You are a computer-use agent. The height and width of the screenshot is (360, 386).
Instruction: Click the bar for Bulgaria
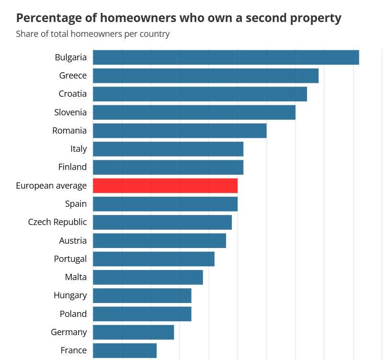coord(226,57)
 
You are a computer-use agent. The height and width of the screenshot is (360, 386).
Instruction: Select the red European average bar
coord(165,186)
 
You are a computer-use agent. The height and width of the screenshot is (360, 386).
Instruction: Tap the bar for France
coord(125,350)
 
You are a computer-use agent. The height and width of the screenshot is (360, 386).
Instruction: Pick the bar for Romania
coord(179,131)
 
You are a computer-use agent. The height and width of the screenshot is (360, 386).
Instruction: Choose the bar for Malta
coord(148,277)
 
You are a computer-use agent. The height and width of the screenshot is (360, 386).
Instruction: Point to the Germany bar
coord(133,332)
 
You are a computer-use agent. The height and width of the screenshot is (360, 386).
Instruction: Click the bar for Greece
coord(205,76)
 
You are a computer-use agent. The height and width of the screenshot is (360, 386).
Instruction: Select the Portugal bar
coord(153,259)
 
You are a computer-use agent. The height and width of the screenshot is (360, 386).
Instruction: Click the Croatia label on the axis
coord(73,94)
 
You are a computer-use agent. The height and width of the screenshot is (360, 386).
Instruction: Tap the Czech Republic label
coord(57,222)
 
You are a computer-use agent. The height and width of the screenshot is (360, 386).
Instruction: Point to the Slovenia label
coord(70,112)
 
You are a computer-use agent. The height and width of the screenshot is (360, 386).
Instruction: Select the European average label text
coord(51,186)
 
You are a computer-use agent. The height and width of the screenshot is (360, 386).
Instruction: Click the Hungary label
coord(70,295)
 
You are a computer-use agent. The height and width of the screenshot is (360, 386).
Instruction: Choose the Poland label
coord(73,314)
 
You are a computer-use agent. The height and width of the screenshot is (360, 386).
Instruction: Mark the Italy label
coord(79,149)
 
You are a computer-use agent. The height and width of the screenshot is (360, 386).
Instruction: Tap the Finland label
coord(73,167)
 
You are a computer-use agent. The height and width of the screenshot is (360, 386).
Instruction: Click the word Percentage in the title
coord(49,18)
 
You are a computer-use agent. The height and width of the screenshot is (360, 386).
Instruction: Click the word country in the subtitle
coord(154,34)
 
